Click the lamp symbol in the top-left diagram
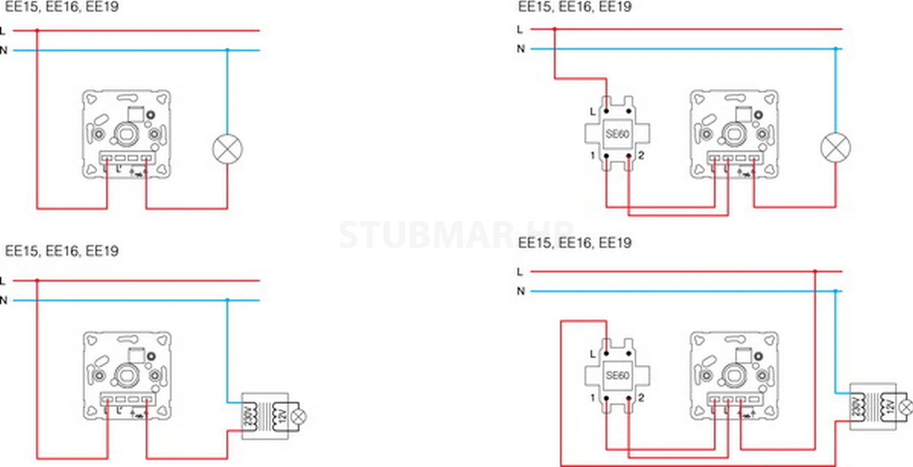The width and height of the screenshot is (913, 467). [227, 149]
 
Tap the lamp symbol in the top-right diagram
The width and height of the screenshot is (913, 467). [835, 148]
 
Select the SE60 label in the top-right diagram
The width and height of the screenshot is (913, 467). [617, 134]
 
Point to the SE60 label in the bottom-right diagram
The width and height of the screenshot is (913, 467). [617, 375]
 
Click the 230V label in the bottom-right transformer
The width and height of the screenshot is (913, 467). [856, 407]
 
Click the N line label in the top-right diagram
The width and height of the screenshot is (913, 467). [521, 49]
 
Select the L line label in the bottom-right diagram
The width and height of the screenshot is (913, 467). [520, 272]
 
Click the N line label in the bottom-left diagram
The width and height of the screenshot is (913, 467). [4, 300]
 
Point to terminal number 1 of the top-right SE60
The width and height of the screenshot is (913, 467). [592, 156]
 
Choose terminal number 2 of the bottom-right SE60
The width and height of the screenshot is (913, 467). [641, 398]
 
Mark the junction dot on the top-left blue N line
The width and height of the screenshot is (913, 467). [227, 50]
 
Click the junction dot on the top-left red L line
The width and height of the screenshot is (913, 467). [37, 30]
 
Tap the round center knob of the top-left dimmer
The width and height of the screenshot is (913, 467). [126, 135]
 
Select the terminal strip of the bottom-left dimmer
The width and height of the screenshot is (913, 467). [127, 399]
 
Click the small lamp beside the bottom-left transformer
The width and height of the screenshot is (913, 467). [299, 417]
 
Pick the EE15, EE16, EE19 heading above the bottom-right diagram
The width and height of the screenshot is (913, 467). [574, 243]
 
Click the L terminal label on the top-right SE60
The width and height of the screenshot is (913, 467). [592, 112]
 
